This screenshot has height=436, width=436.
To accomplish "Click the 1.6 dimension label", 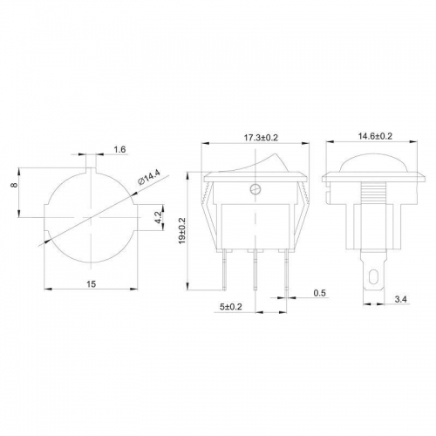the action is tap(119, 149).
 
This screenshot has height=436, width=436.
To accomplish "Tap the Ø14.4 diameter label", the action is tap(149, 178).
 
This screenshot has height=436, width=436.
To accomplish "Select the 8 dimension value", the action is tap(14, 185).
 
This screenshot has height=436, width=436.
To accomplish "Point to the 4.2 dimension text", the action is tap(158, 217).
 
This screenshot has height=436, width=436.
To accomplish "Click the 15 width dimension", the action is tap(91, 284).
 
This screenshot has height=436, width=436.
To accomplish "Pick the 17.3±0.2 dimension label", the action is tap(261, 137).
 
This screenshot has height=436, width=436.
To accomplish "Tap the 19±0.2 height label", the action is tap(182, 231).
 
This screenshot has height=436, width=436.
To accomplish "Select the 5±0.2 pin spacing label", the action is tap(231, 307).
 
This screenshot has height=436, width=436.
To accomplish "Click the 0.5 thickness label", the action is tap(319, 293).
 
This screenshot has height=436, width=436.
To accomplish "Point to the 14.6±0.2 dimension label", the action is tap(375, 136).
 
